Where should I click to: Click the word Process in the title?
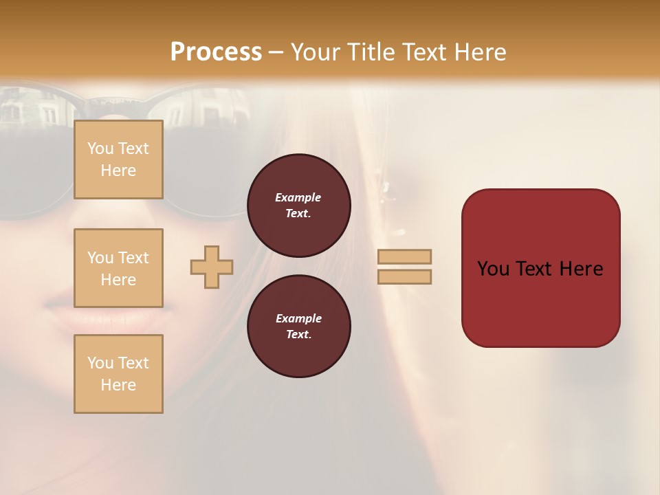[x=216, y=52]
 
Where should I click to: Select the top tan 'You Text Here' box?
[x=118, y=159]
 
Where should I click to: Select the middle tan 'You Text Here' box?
[x=118, y=268]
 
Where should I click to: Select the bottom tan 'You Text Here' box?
[x=118, y=374]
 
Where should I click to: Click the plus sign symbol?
[x=212, y=267]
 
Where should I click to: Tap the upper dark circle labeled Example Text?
[x=299, y=206]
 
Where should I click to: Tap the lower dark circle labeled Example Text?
[x=299, y=327]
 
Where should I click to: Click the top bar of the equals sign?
[x=404, y=256]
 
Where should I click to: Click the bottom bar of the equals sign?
[x=404, y=276]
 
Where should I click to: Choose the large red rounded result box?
[x=540, y=302]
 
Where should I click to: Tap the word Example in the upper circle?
[x=298, y=197]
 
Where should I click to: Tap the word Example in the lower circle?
[x=298, y=318]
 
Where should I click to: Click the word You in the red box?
[x=494, y=269]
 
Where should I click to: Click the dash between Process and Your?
[x=276, y=53]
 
